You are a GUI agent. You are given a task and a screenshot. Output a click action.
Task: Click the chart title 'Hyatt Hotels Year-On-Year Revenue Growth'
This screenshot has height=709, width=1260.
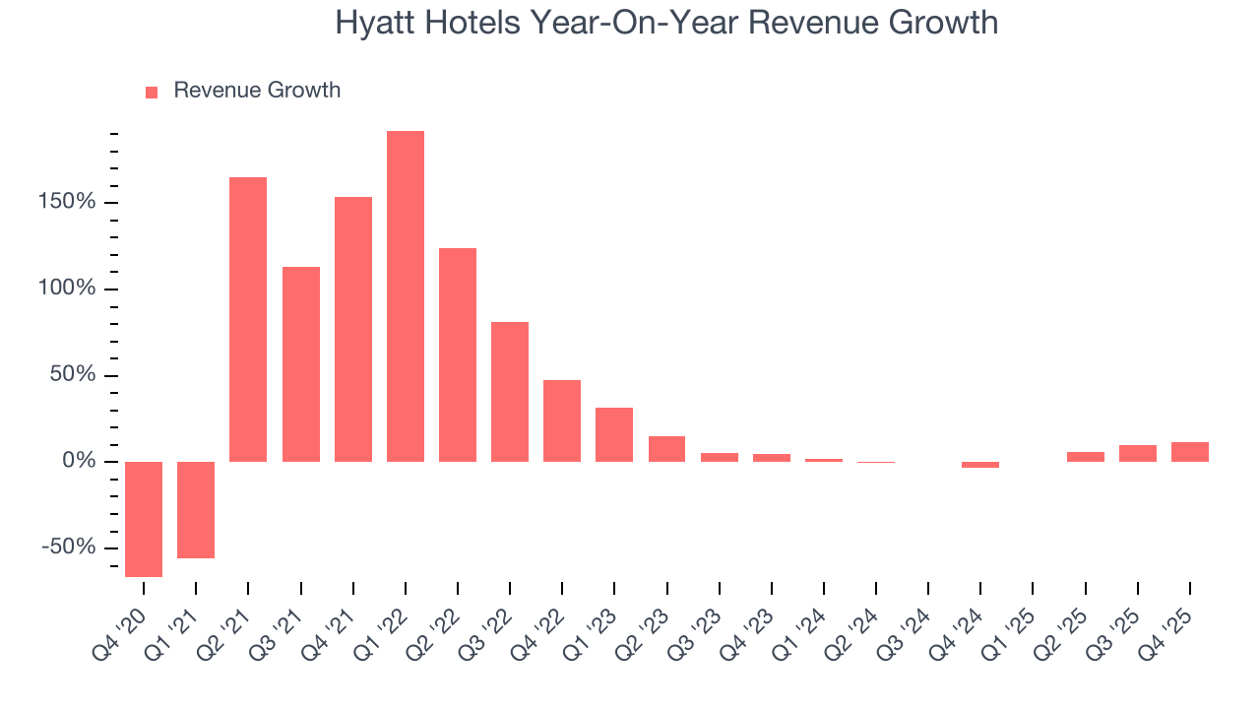click(666, 22)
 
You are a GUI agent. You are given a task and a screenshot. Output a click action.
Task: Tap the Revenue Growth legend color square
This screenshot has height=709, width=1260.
click(152, 92)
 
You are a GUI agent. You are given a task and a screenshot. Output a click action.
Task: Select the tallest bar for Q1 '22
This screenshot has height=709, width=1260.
click(406, 295)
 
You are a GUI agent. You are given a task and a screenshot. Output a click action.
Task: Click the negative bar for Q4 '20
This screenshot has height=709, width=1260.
click(144, 519)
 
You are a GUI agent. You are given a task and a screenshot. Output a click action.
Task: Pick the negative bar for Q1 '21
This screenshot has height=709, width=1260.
click(196, 509)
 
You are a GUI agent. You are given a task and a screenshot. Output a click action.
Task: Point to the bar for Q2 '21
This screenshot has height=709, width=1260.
click(248, 319)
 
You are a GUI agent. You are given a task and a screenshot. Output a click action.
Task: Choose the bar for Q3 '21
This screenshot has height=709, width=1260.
click(301, 364)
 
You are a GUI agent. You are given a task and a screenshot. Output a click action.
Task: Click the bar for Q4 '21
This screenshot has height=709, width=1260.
click(353, 329)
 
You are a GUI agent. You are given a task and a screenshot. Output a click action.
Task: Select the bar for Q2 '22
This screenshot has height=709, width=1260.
click(458, 354)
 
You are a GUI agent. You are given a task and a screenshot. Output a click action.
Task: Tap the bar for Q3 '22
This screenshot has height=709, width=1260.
click(510, 392)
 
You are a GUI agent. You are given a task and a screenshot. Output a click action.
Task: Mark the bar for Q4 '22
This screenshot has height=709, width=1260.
click(562, 420)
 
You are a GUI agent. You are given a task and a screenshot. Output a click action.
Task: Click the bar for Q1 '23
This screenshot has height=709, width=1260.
click(614, 434)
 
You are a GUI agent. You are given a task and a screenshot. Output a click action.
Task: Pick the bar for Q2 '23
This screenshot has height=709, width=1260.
click(667, 449)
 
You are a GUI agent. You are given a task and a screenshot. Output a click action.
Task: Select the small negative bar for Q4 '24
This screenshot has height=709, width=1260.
click(980, 465)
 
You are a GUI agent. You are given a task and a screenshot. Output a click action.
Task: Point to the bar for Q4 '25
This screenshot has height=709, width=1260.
click(1190, 452)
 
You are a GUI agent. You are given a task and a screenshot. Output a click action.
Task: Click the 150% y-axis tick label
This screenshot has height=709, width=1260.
click(68, 203)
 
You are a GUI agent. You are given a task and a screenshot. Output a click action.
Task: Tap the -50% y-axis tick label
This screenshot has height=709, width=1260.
click(68, 548)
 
